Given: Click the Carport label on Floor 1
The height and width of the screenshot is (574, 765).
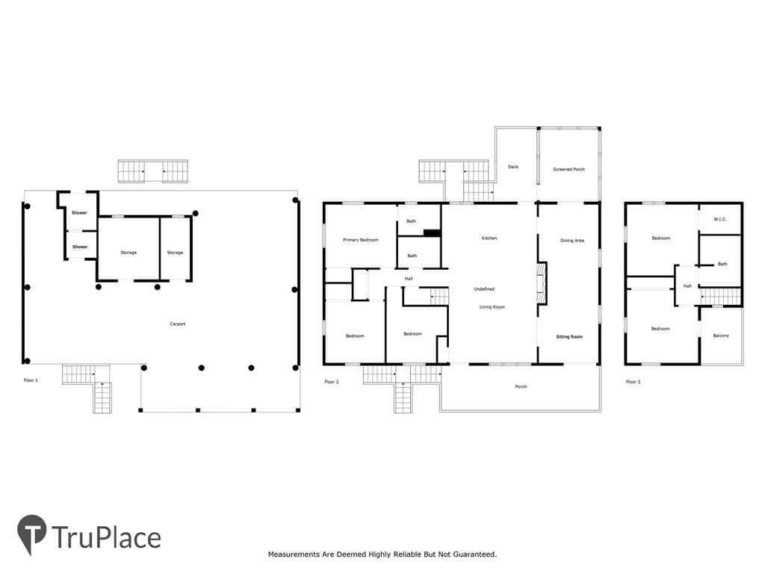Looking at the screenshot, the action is point(178,324).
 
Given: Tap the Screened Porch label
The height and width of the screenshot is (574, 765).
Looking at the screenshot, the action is point(569,170).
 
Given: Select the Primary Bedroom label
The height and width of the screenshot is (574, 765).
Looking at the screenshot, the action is point(361,240).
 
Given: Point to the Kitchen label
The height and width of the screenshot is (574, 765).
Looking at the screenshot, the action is point(489,238).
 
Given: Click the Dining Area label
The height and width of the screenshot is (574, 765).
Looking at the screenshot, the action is point(572,241).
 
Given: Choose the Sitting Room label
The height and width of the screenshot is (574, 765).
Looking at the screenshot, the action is point(569,337).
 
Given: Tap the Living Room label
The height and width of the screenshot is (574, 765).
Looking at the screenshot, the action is point(492,307).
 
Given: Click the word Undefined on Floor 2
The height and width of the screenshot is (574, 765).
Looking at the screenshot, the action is point(484,289).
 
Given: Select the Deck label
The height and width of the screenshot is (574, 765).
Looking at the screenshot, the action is point(513,167).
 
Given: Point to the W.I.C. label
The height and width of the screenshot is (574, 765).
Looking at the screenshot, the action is point(720,219).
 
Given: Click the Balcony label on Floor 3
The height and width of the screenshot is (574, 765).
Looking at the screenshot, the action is point(721,336).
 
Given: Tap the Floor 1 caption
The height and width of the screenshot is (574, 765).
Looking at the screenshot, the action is point(31,380).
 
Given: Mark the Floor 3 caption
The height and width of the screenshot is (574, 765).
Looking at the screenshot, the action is point(634,382).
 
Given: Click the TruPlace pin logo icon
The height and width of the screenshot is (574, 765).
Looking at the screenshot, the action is point(31,534).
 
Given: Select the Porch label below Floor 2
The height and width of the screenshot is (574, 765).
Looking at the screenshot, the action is point(521,386).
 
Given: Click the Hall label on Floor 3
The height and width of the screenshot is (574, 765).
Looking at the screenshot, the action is point(687,286).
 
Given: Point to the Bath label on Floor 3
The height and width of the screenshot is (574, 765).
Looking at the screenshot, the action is point(722,264).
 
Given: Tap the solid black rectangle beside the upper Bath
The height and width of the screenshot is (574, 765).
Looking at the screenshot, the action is point(433,233).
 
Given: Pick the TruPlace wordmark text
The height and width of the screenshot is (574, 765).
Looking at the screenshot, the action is point(106,537).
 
